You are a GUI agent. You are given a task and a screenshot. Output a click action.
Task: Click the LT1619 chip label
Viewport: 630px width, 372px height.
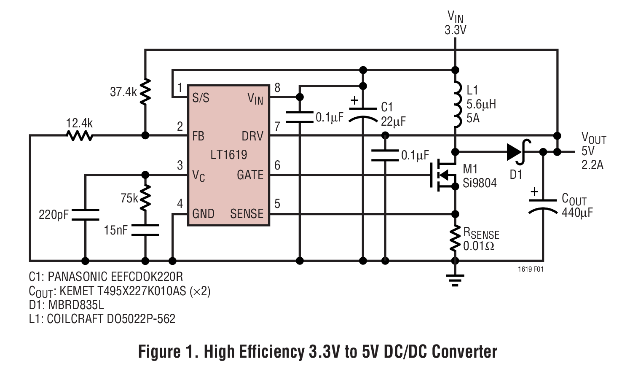click(228, 155)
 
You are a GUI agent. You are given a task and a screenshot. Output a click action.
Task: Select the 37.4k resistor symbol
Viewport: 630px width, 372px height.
click(145, 92)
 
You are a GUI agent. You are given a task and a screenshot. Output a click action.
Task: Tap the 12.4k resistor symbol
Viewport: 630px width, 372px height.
click(80, 135)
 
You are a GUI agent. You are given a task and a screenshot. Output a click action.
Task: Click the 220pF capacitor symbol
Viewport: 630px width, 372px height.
click(85, 214)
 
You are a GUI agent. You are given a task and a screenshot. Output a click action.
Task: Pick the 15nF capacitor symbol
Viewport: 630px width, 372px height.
click(145, 230)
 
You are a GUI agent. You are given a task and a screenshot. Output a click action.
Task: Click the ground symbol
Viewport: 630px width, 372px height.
click(455, 280)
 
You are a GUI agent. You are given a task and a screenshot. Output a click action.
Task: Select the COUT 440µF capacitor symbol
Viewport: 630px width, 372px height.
click(543, 205)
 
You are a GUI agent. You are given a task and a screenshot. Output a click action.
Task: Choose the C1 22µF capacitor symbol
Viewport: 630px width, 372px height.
click(363, 114)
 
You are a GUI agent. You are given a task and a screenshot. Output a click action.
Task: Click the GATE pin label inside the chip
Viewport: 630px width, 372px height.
click(250, 175)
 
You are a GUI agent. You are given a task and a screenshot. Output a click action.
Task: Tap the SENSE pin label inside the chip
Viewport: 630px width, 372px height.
click(247, 214)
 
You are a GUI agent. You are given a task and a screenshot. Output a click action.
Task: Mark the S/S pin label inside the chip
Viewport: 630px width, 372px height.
click(201, 98)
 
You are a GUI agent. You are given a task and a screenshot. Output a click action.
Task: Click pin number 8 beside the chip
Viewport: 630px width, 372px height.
click(277, 88)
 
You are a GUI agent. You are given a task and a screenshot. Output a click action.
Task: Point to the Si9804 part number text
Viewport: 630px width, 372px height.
click(480, 183)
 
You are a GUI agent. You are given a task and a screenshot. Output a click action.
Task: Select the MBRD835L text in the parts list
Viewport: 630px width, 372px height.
click(76, 305)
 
